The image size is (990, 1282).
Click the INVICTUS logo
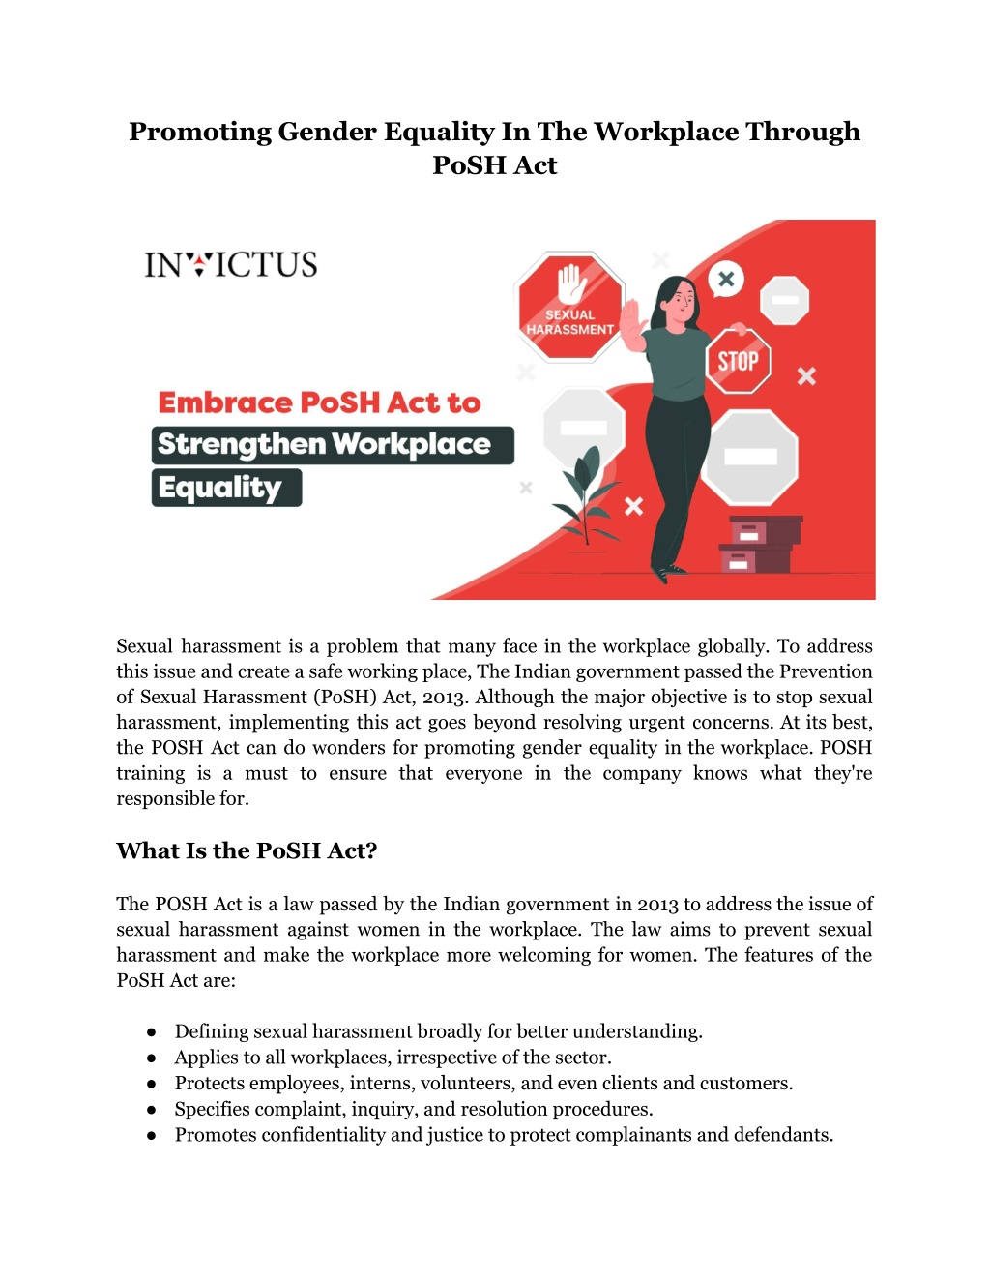coord(231,264)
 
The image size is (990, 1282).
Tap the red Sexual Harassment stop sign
coord(569,306)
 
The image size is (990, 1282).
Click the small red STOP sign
coord(738,361)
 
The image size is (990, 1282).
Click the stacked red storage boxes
coord(760,544)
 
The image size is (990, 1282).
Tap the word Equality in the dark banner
coord(219,488)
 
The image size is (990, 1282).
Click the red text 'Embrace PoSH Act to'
coord(319,402)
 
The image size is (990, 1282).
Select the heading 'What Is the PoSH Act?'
coord(247,850)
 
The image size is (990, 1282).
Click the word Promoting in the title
coord(200,132)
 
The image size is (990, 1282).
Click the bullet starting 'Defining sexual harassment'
coord(438,1031)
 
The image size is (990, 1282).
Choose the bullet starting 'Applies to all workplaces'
coord(393,1058)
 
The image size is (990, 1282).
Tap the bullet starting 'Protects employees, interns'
coord(483,1084)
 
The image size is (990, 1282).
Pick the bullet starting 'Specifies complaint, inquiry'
coord(414,1109)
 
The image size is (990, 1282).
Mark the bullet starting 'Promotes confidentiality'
coord(504,1135)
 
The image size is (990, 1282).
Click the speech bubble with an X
coord(726,280)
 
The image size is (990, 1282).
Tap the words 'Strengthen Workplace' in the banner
coord(324,444)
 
